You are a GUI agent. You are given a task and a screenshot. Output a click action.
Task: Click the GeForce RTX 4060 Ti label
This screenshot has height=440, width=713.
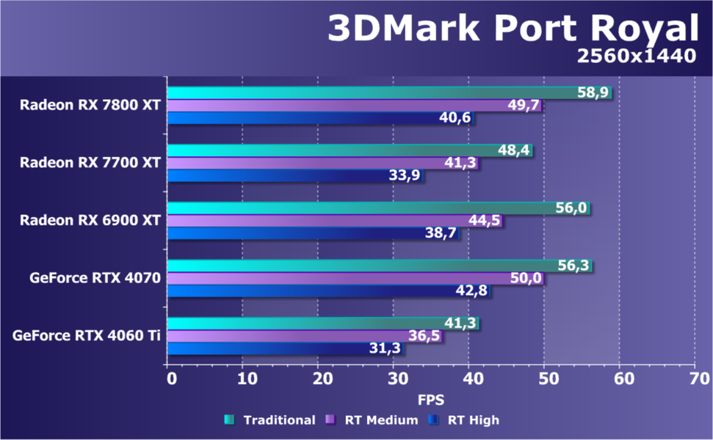(x=87, y=336)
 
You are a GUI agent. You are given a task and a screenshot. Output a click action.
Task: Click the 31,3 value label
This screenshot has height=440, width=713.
(x=385, y=348)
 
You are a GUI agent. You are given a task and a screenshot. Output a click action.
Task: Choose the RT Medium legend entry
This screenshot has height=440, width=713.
(x=372, y=420)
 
